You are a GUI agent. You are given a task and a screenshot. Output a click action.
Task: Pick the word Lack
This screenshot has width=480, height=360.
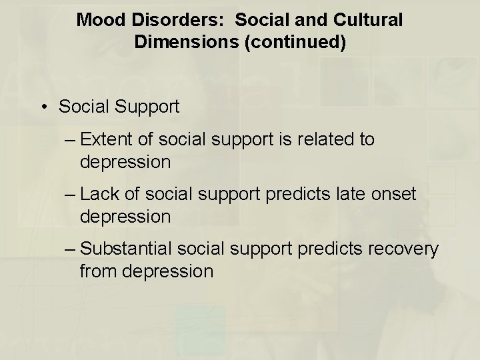99,195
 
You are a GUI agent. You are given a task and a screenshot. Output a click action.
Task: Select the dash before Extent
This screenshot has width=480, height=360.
72,140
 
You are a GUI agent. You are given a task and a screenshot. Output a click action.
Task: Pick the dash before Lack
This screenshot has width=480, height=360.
72,195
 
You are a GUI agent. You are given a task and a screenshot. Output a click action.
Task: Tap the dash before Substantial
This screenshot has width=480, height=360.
72,249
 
